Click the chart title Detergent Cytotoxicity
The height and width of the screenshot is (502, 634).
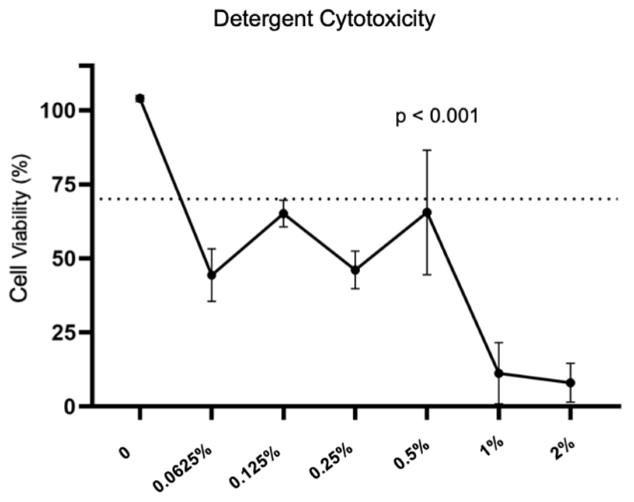click(x=324, y=19)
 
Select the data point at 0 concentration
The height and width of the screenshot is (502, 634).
click(x=140, y=99)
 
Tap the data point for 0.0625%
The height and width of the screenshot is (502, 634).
click(x=211, y=275)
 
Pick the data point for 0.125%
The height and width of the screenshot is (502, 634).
click(x=283, y=213)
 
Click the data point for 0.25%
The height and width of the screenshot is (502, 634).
click(x=355, y=270)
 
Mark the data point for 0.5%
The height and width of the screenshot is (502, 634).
click(x=427, y=212)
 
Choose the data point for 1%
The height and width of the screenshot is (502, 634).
click(x=499, y=373)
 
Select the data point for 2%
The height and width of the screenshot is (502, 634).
click(x=570, y=383)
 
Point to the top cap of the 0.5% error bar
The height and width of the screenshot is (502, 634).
click(x=427, y=150)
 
